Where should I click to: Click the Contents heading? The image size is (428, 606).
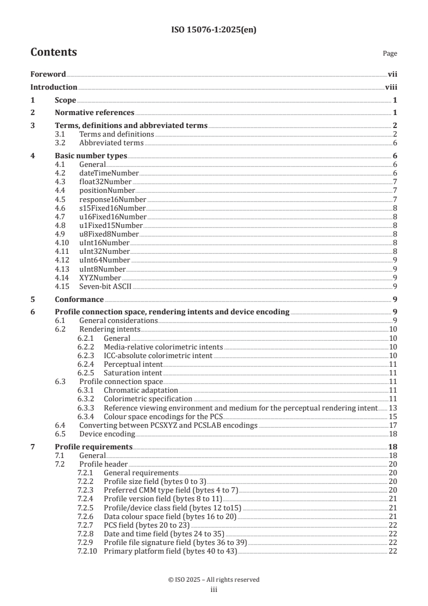(x=53, y=52)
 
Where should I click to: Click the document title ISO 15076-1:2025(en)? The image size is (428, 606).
(x=214, y=30)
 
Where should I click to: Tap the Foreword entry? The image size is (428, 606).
(x=48, y=75)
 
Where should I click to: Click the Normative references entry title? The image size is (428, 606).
(x=94, y=112)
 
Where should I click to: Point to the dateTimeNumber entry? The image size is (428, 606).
(x=109, y=173)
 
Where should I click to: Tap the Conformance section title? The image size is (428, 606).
(x=79, y=299)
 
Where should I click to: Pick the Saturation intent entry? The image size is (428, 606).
(x=132, y=373)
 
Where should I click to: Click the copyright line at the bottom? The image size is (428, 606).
(x=214, y=580)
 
